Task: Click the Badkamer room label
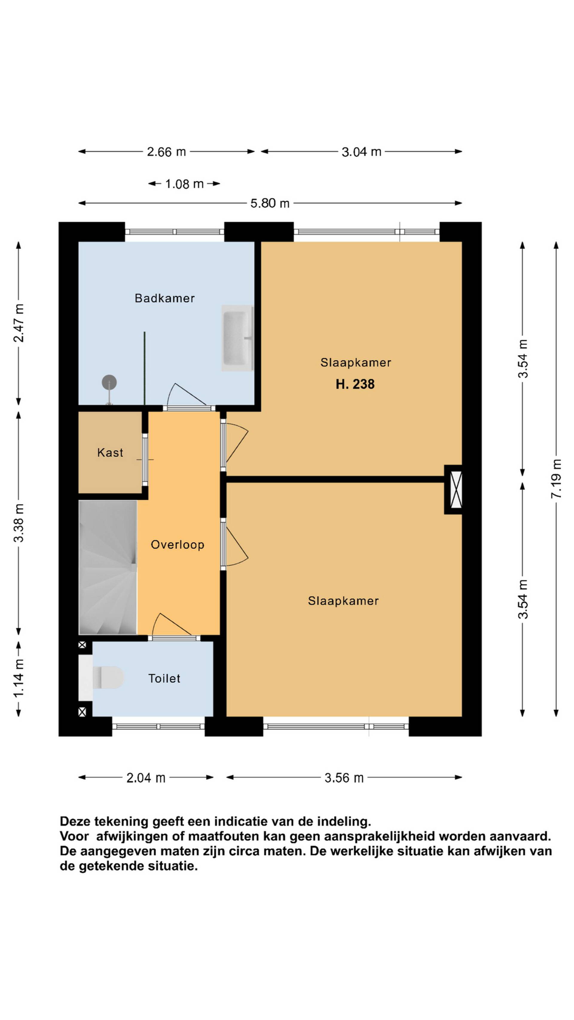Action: click(x=164, y=298)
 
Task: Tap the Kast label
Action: click(x=110, y=452)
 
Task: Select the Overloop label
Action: click(x=178, y=545)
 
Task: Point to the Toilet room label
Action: click(x=164, y=679)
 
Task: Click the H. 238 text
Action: click(x=355, y=384)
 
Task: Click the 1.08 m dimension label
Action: click(x=184, y=184)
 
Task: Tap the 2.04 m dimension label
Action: click(x=146, y=778)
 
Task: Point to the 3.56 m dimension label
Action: click(x=344, y=778)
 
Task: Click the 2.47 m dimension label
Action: click(x=19, y=323)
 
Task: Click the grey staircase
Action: click(x=108, y=568)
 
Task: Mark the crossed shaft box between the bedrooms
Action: click(x=456, y=490)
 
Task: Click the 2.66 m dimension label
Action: click(x=167, y=152)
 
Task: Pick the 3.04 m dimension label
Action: click(x=361, y=152)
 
